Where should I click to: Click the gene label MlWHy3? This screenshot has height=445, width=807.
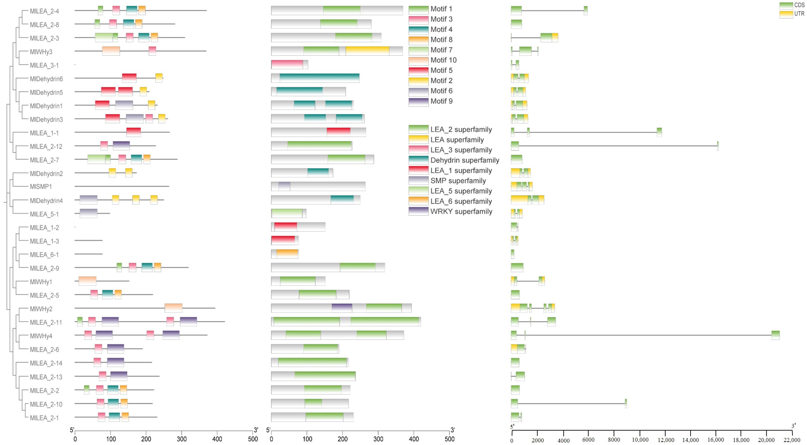click(x=41, y=52)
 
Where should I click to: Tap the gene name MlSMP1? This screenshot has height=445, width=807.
click(x=41, y=186)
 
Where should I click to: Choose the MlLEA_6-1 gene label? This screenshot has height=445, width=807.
click(x=44, y=255)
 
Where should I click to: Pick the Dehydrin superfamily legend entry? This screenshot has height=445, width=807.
click(x=464, y=160)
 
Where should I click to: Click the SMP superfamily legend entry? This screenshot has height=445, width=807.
click(x=458, y=181)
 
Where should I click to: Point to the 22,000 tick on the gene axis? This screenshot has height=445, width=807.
click(x=792, y=440)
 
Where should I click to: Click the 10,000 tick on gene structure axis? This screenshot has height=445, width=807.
click(x=640, y=440)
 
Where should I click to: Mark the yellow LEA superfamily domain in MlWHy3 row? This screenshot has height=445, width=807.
click(x=367, y=51)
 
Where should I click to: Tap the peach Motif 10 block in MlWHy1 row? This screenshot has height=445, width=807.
click(x=87, y=281)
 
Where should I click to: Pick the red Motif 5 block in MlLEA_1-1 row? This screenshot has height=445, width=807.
click(x=133, y=132)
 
